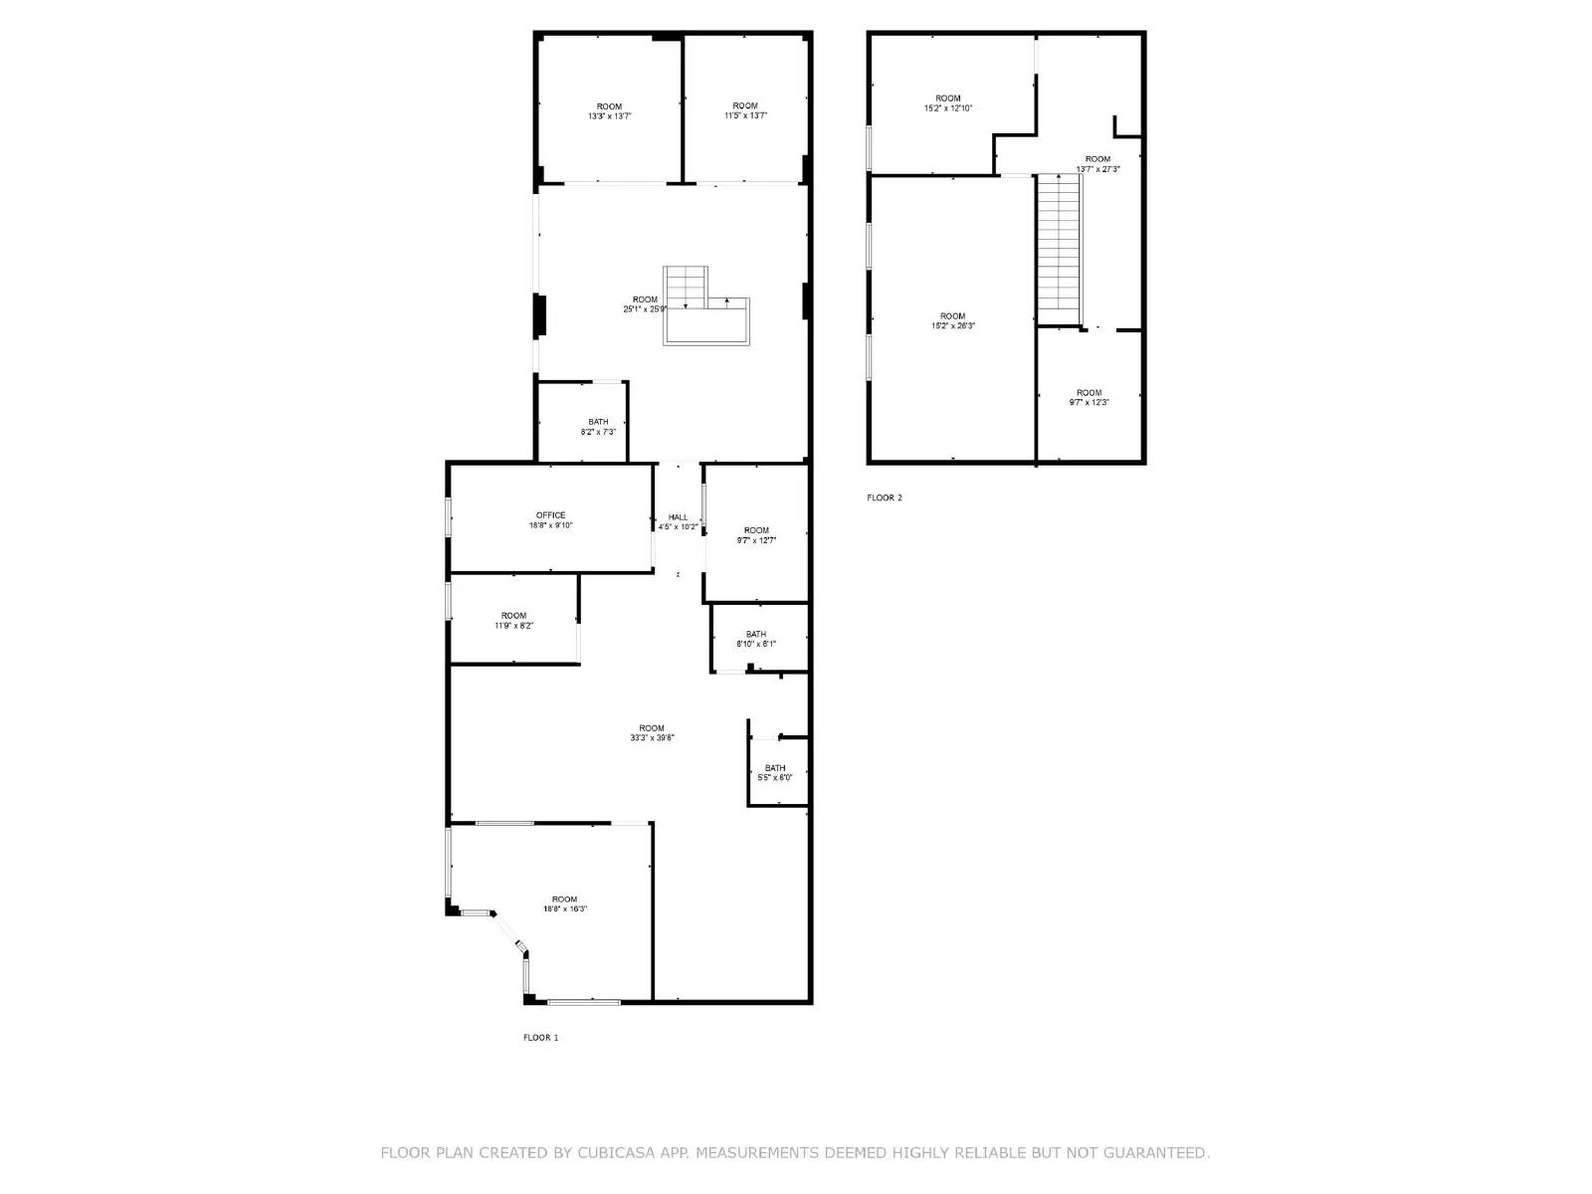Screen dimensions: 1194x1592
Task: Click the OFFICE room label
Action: pyautogui.click(x=550, y=515)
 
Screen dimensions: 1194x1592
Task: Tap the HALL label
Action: pyautogui.click(x=678, y=517)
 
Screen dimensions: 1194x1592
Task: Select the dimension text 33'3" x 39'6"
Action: pyautogui.click(x=652, y=738)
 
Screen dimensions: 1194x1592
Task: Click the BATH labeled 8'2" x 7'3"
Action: pyautogui.click(x=598, y=427)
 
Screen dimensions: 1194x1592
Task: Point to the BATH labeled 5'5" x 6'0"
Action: pyautogui.click(x=775, y=772)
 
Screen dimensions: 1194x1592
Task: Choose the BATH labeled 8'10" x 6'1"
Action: pyautogui.click(x=756, y=639)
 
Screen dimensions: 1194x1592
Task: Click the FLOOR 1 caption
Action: pyautogui.click(x=541, y=1038)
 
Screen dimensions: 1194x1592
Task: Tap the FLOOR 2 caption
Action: pyautogui.click(x=885, y=497)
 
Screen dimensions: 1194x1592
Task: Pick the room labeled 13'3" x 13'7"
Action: pyautogui.click(x=609, y=111)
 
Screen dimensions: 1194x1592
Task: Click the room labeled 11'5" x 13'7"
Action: pyautogui.click(x=745, y=110)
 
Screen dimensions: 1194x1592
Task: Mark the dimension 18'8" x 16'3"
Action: pyautogui.click(x=565, y=909)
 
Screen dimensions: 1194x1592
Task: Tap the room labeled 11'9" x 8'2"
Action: pyautogui.click(x=513, y=621)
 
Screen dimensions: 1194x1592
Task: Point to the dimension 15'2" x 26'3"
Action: pyautogui.click(x=953, y=326)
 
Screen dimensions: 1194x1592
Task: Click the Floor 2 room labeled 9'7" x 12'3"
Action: pyautogui.click(x=1089, y=397)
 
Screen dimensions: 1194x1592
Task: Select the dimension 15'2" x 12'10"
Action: pyautogui.click(x=948, y=108)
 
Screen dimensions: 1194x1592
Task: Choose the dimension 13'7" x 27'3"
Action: pyautogui.click(x=1097, y=169)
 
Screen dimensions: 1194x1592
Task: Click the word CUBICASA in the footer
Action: pyautogui.click(x=615, y=1153)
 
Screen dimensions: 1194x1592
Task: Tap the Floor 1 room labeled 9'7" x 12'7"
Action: pyautogui.click(x=756, y=535)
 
